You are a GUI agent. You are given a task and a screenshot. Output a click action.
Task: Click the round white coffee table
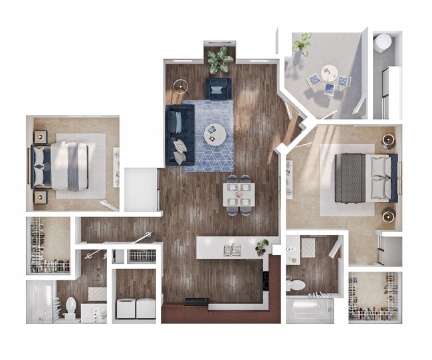pos(215,134)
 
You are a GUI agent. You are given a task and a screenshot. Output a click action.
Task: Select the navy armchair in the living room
pos(219,88)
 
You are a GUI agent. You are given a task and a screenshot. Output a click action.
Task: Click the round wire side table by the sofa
pos(178,86)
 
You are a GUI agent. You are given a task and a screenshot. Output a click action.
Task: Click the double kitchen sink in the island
pos(232,250)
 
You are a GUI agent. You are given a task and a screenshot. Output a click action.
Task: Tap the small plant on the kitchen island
pos(262,246)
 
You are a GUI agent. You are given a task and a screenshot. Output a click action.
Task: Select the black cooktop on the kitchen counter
pos(195,302)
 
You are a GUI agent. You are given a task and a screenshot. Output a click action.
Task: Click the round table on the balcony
pos(329,71)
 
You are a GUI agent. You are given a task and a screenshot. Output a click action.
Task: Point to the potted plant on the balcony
pos(303,43)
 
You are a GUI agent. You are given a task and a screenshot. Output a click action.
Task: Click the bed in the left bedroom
pos(66,165)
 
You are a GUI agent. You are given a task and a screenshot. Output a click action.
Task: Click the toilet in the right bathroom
pos(296,284)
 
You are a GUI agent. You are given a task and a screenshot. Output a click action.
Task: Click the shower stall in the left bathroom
pos(40,303)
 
